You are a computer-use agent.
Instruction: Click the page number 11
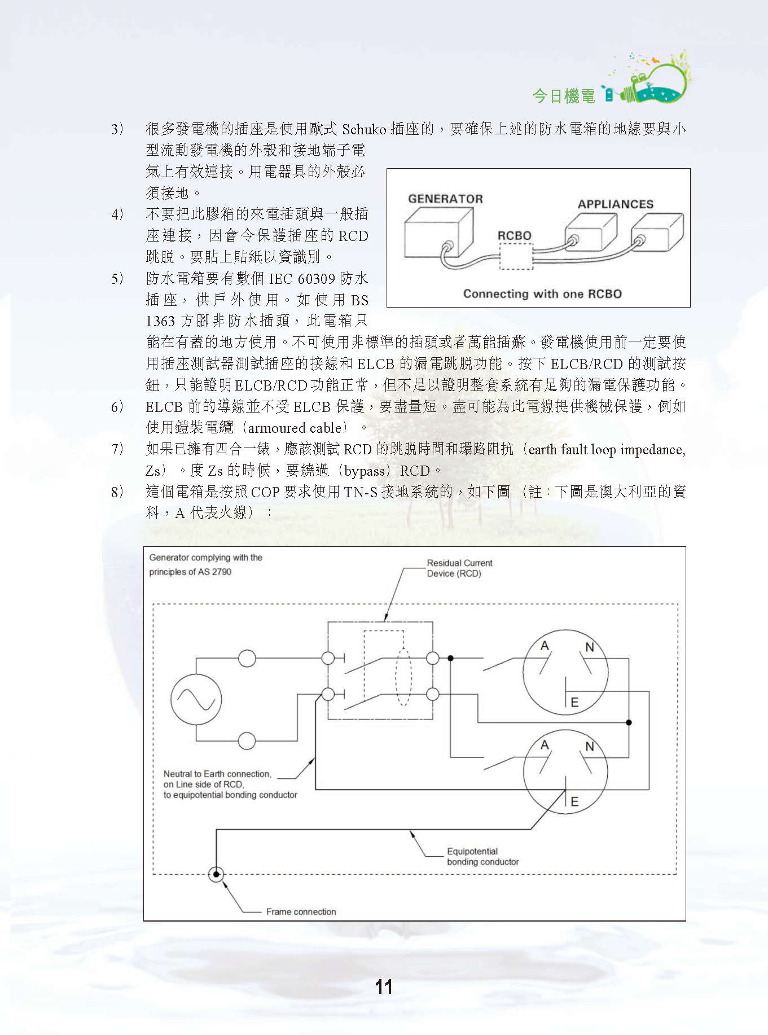coord(384,987)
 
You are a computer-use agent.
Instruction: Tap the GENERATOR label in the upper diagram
coord(445,199)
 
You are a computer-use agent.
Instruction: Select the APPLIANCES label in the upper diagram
coord(615,204)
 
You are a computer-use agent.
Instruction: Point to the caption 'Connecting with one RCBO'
coord(542,294)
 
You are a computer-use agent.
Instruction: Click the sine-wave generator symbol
coord(196,700)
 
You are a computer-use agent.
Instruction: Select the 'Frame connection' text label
coord(301,911)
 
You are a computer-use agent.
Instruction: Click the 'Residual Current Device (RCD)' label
coord(459,568)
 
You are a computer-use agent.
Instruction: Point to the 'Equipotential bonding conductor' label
coord(482,857)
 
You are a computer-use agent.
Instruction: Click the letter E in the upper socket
coord(574,703)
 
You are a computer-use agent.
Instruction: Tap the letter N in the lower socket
coord(590,747)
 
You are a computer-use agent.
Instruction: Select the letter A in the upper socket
coord(545,646)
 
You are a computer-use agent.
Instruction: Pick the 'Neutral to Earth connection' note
coord(230,784)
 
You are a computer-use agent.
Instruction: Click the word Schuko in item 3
coord(364,129)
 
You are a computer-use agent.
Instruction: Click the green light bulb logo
coord(657,81)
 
